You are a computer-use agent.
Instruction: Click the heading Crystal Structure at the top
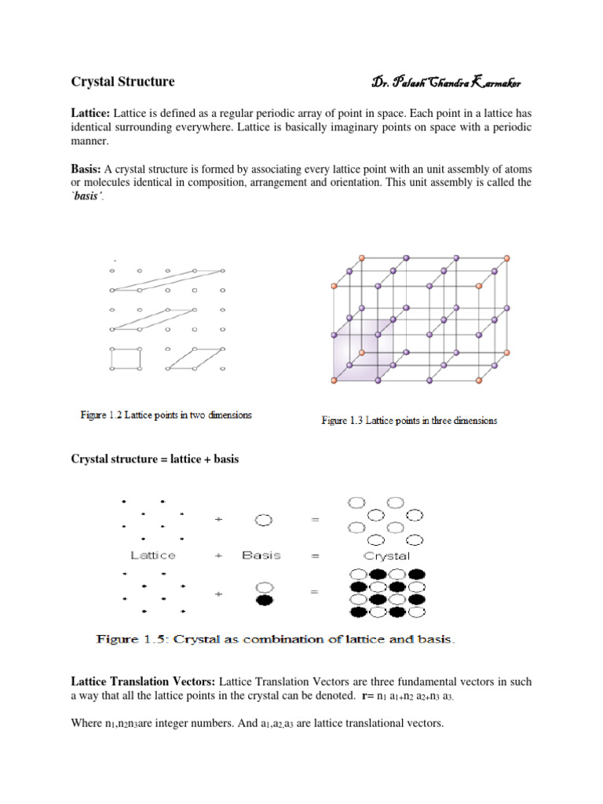coord(123,82)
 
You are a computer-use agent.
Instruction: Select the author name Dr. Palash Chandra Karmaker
coord(446,82)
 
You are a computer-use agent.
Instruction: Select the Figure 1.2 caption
coord(166,415)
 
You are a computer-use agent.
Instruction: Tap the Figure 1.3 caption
coord(409,420)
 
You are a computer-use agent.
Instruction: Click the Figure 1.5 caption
coord(276,639)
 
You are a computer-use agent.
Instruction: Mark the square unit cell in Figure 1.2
coord(126,358)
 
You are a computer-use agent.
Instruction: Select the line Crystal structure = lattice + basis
coord(155,459)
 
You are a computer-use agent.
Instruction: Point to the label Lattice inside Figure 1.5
coord(152,555)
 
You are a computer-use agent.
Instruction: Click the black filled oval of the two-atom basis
coord(265,601)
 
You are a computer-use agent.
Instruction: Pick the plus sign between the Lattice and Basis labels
coord(218,555)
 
